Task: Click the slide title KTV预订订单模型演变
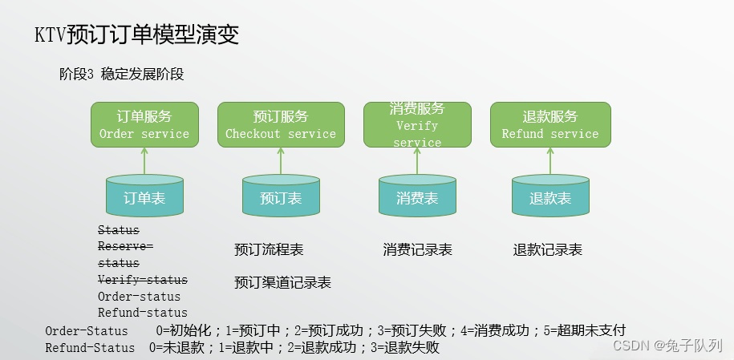[136, 35]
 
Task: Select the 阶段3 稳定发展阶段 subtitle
[122, 75]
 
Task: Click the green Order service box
[144, 124]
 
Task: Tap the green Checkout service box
[281, 124]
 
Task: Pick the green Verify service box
[416, 124]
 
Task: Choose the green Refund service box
[550, 124]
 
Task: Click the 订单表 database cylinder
[144, 197]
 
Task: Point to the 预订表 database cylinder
[281, 197]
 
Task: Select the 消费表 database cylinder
[416, 197]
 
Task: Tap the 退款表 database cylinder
[550, 197]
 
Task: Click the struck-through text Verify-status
[142, 280]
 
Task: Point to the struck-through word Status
[118, 230]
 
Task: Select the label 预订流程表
[269, 250]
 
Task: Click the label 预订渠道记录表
[282, 282]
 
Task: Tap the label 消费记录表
[417, 250]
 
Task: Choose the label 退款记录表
[547, 250]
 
